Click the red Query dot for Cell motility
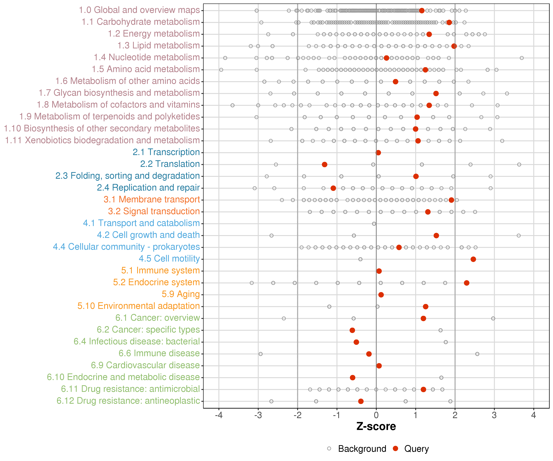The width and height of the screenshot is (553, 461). point(473,259)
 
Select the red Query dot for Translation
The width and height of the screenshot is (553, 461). point(324,164)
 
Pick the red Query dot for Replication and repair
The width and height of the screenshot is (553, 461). point(333,188)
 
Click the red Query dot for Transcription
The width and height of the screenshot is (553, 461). point(378,153)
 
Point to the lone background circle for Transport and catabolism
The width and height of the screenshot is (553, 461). point(374,224)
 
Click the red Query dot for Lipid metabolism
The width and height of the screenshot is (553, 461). point(454,46)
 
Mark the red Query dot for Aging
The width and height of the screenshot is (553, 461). point(381,295)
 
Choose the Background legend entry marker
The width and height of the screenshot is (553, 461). point(329,449)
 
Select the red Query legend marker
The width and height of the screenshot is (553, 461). point(395,449)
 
